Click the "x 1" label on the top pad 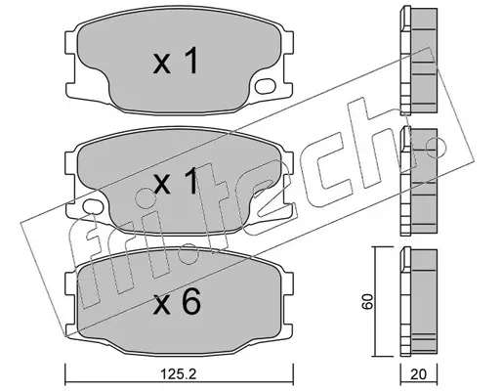click(x=176, y=61)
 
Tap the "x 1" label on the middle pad click(x=176, y=181)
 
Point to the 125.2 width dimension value click(x=179, y=374)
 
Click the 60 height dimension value click(x=367, y=301)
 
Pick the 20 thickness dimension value click(x=418, y=374)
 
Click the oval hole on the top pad click(x=265, y=86)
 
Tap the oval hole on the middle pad click(x=93, y=206)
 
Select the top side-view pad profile click(x=419, y=61)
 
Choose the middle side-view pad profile click(x=419, y=181)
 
